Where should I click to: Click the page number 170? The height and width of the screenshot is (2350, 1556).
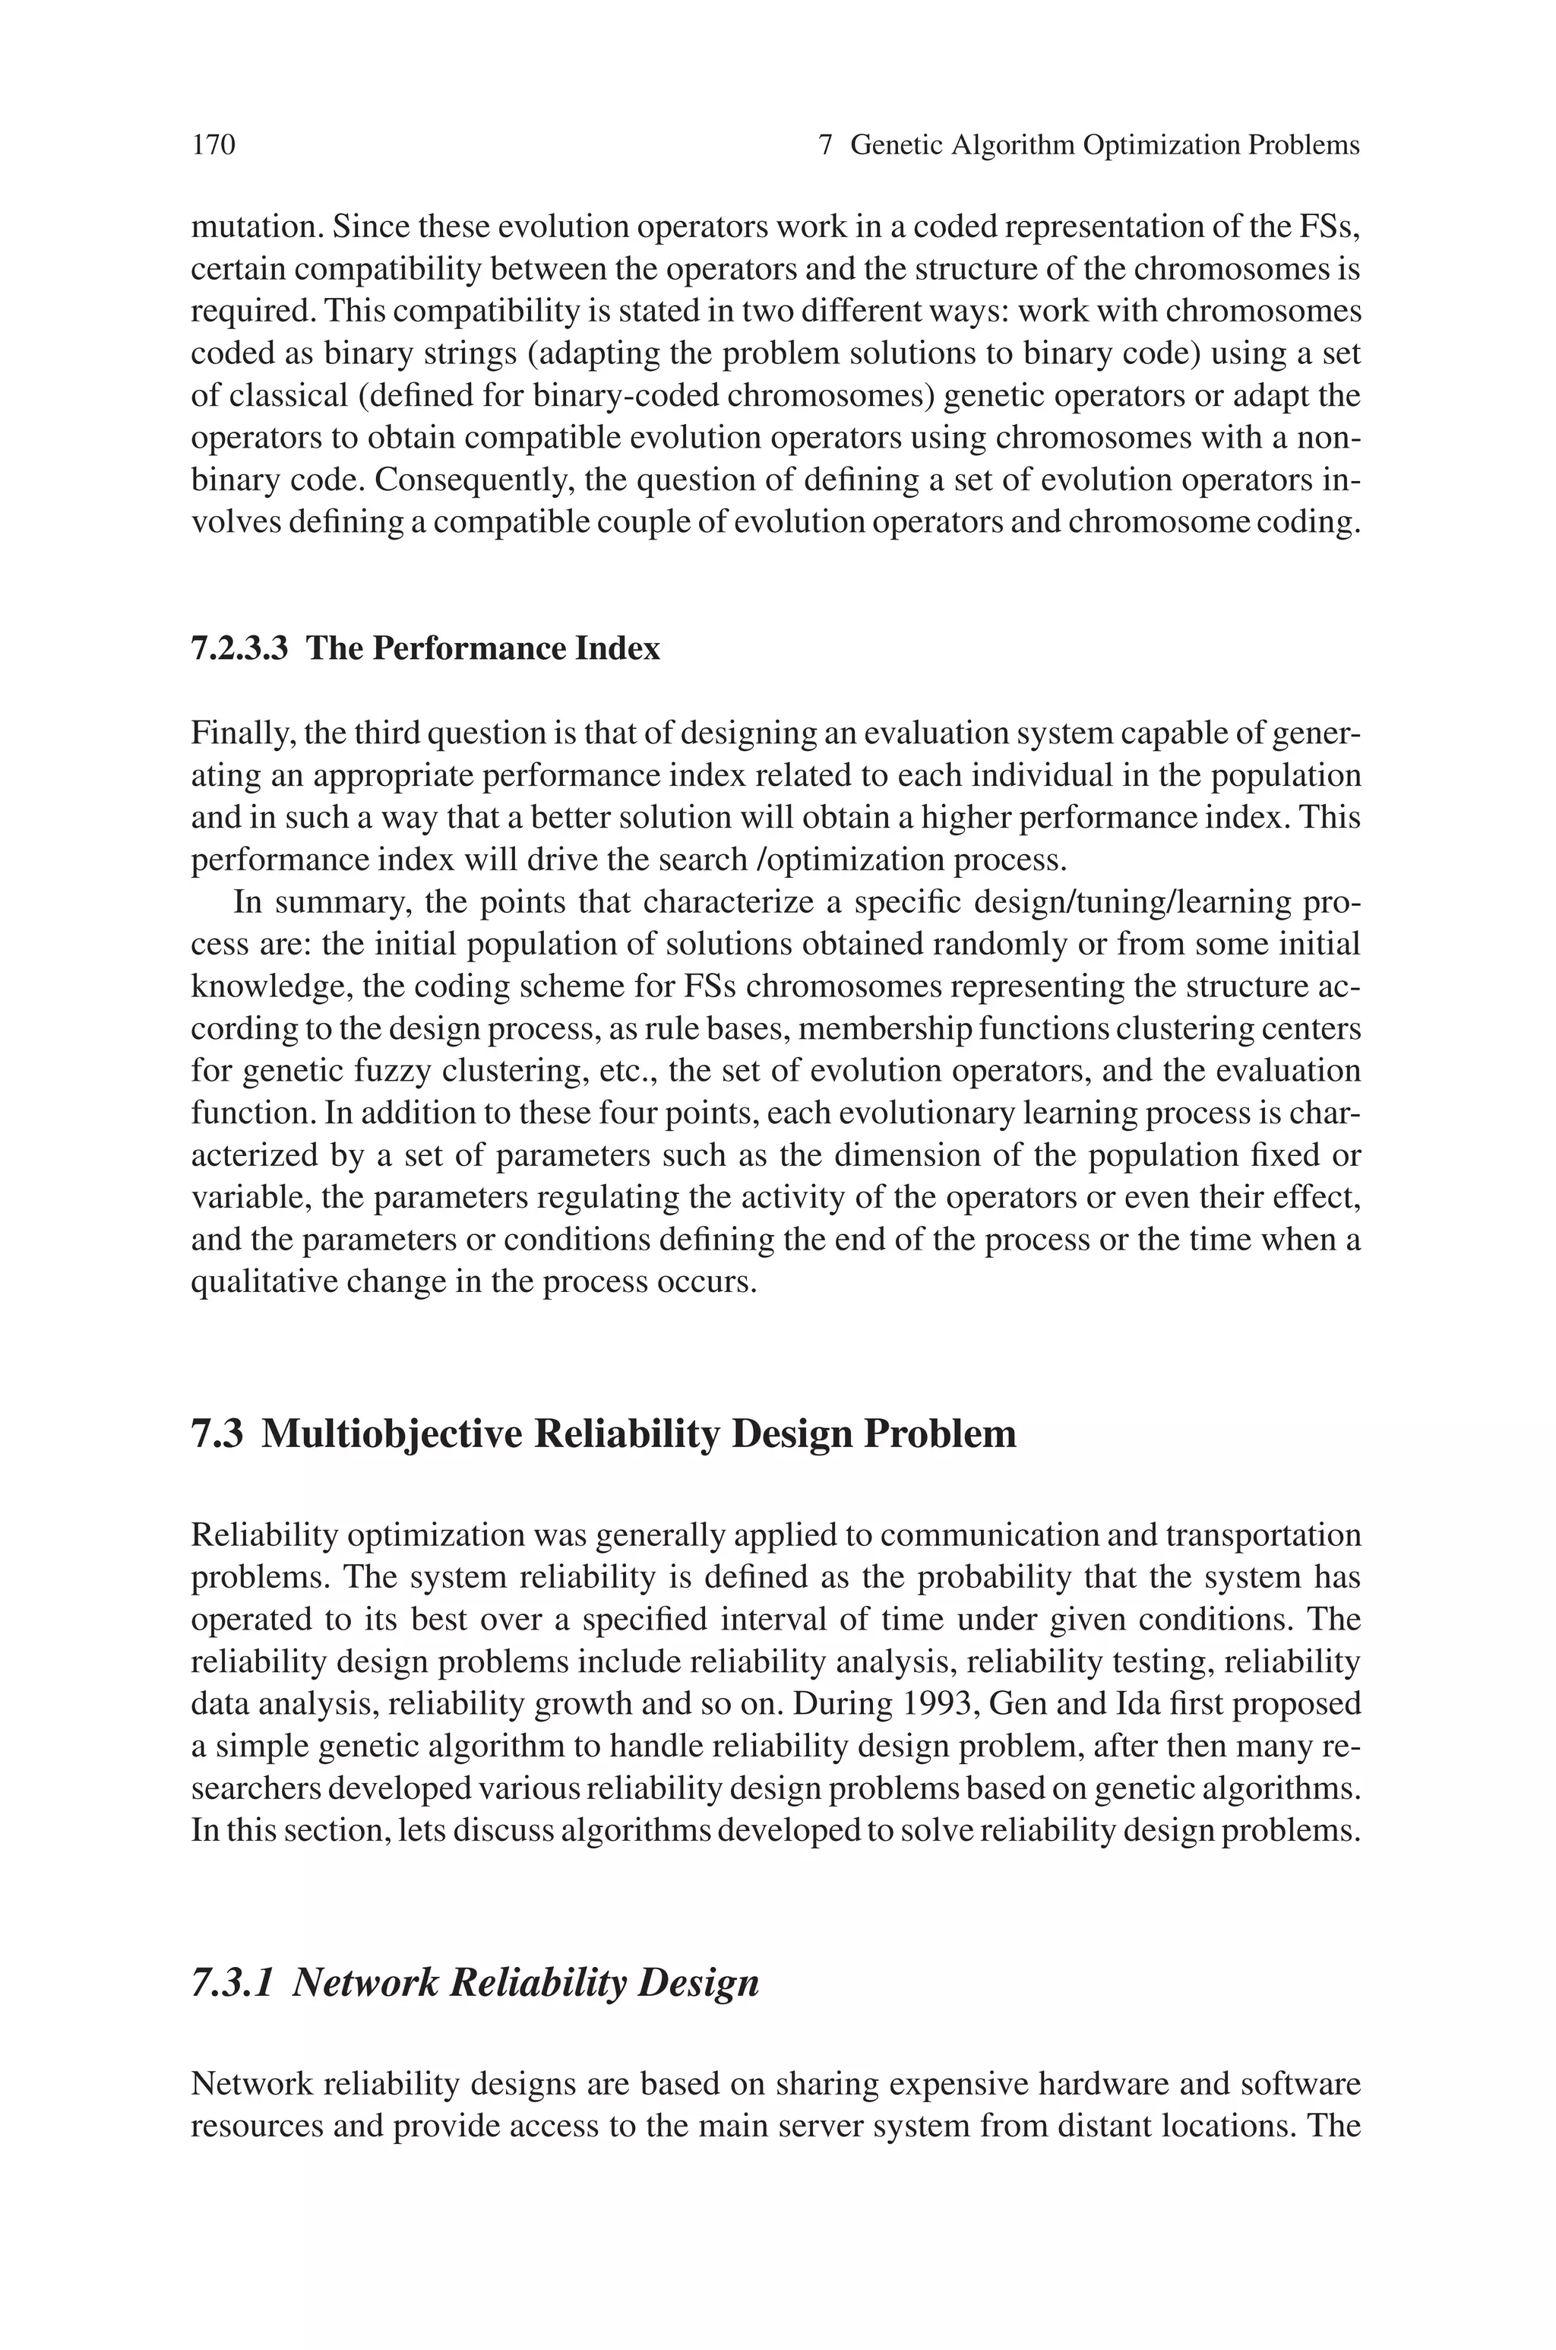click(213, 146)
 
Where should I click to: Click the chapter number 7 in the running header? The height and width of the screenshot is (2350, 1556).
click(824, 146)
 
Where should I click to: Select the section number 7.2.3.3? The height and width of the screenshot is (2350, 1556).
click(239, 649)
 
